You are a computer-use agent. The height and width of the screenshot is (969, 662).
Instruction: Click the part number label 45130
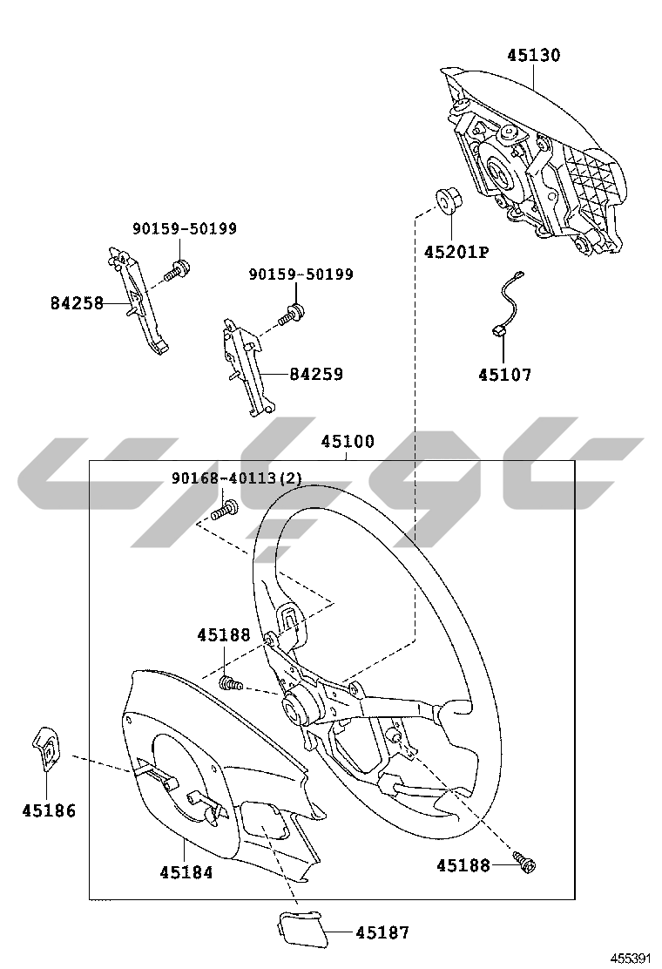click(x=534, y=55)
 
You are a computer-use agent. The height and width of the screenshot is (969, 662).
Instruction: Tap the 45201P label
click(x=456, y=252)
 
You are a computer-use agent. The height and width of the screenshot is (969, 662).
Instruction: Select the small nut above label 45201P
click(x=448, y=200)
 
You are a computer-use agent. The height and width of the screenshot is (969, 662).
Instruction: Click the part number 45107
click(x=504, y=375)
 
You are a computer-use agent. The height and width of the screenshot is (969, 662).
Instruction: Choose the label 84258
click(x=77, y=303)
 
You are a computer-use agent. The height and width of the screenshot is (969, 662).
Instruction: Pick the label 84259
click(x=316, y=374)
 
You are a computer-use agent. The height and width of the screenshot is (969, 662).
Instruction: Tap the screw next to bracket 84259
click(x=292, y=314)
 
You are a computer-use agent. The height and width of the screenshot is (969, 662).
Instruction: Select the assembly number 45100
click(x=348, y=441)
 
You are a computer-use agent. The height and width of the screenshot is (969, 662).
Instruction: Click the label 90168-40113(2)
click(x=237, y=478)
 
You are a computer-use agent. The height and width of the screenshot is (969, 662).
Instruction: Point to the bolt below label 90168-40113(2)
click(x=225, y=509)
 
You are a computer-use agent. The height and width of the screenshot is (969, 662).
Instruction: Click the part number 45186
click(x=49, y=810)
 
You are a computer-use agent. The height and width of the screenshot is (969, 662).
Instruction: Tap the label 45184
click(x=186, y=872)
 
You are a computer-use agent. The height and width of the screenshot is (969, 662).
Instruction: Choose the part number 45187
click(x=382, y=932)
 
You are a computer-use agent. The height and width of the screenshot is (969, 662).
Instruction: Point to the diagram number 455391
click(x=631, y=959)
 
